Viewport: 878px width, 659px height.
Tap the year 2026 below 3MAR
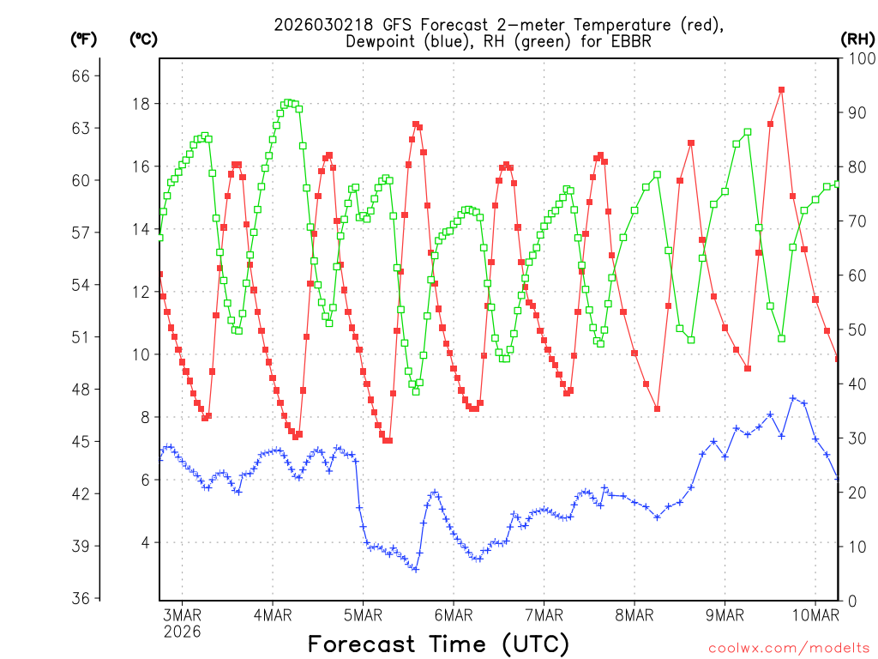[x=182, y=631]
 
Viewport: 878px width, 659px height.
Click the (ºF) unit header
[x=85, y=39]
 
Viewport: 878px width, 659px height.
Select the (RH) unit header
[x=857, y=39]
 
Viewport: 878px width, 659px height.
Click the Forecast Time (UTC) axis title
[x=438, y=644]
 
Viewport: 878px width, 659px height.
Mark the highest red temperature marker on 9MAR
[x=781, y=89]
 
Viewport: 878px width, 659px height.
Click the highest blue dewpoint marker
[x=793, y=398]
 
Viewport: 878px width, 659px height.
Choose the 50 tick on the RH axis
[x=855, y=329]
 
